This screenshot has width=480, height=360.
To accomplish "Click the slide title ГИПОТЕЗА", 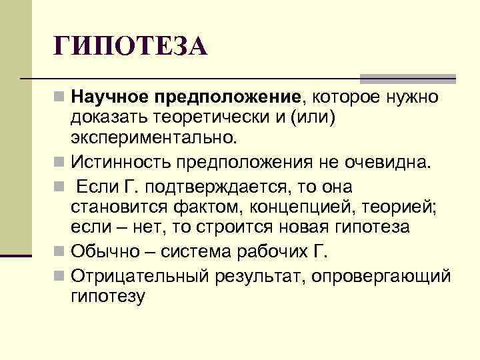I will pos(131,47).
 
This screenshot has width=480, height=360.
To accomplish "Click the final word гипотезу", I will pos(107,295).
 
